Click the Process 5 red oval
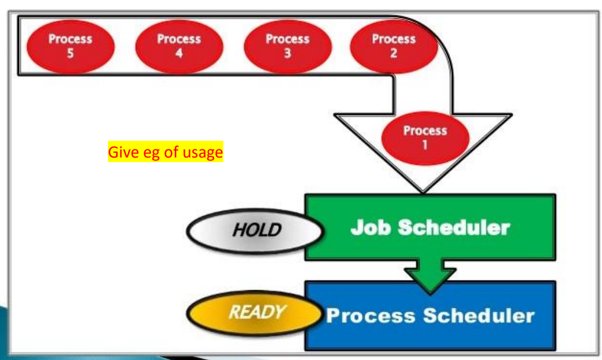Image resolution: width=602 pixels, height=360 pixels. (x=70, y=46)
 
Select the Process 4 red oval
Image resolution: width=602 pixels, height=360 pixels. (x=180, y=46)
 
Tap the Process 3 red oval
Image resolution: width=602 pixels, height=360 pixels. (x=287, y=46)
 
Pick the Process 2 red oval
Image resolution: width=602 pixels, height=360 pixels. (x=394, y=46)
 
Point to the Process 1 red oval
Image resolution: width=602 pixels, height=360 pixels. (x=425, y=138)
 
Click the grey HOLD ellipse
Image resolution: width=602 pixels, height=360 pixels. (x=255, y=231)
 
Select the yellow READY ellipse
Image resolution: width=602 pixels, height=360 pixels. (x=255, y=313)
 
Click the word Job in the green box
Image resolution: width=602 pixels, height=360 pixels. (x=371, y=227)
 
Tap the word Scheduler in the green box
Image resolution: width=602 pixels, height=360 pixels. (x=454, y=227)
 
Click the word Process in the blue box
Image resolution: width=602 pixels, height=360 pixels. (x=371, y=316)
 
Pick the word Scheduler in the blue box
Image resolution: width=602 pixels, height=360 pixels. (x=478, y=316)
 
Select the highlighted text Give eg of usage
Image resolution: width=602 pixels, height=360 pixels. (x=166, y=152)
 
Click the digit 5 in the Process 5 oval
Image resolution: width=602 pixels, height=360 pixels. (x=70, y=53)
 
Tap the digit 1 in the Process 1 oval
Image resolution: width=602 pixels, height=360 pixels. (x=425, y=145)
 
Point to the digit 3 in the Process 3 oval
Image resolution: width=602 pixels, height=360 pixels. (x=287, y=53)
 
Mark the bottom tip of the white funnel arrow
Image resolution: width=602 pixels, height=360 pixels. (x=422, y=192)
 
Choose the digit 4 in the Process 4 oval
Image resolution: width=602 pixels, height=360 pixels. (x=179, y=53)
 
